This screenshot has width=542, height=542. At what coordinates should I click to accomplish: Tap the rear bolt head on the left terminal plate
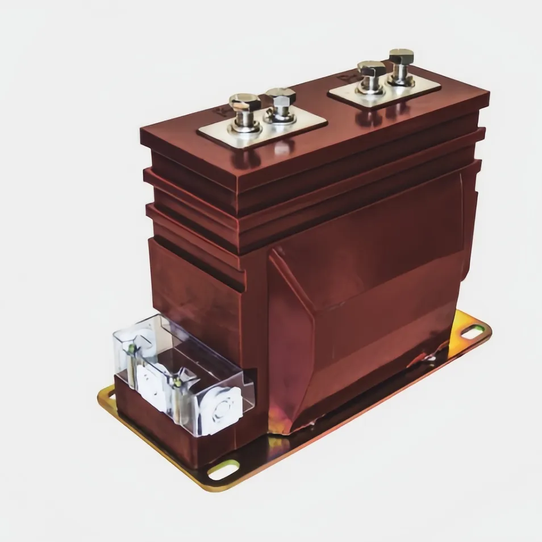(x=281, y=96)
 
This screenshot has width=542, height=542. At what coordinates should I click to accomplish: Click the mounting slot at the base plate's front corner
(x=223, y=469)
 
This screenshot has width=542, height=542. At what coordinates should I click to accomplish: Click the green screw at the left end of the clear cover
(x=132, y=348)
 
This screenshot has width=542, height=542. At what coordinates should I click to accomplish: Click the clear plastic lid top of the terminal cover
(x=187, y=347)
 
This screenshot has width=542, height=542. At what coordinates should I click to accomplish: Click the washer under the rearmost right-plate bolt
(x=401, y=80)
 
